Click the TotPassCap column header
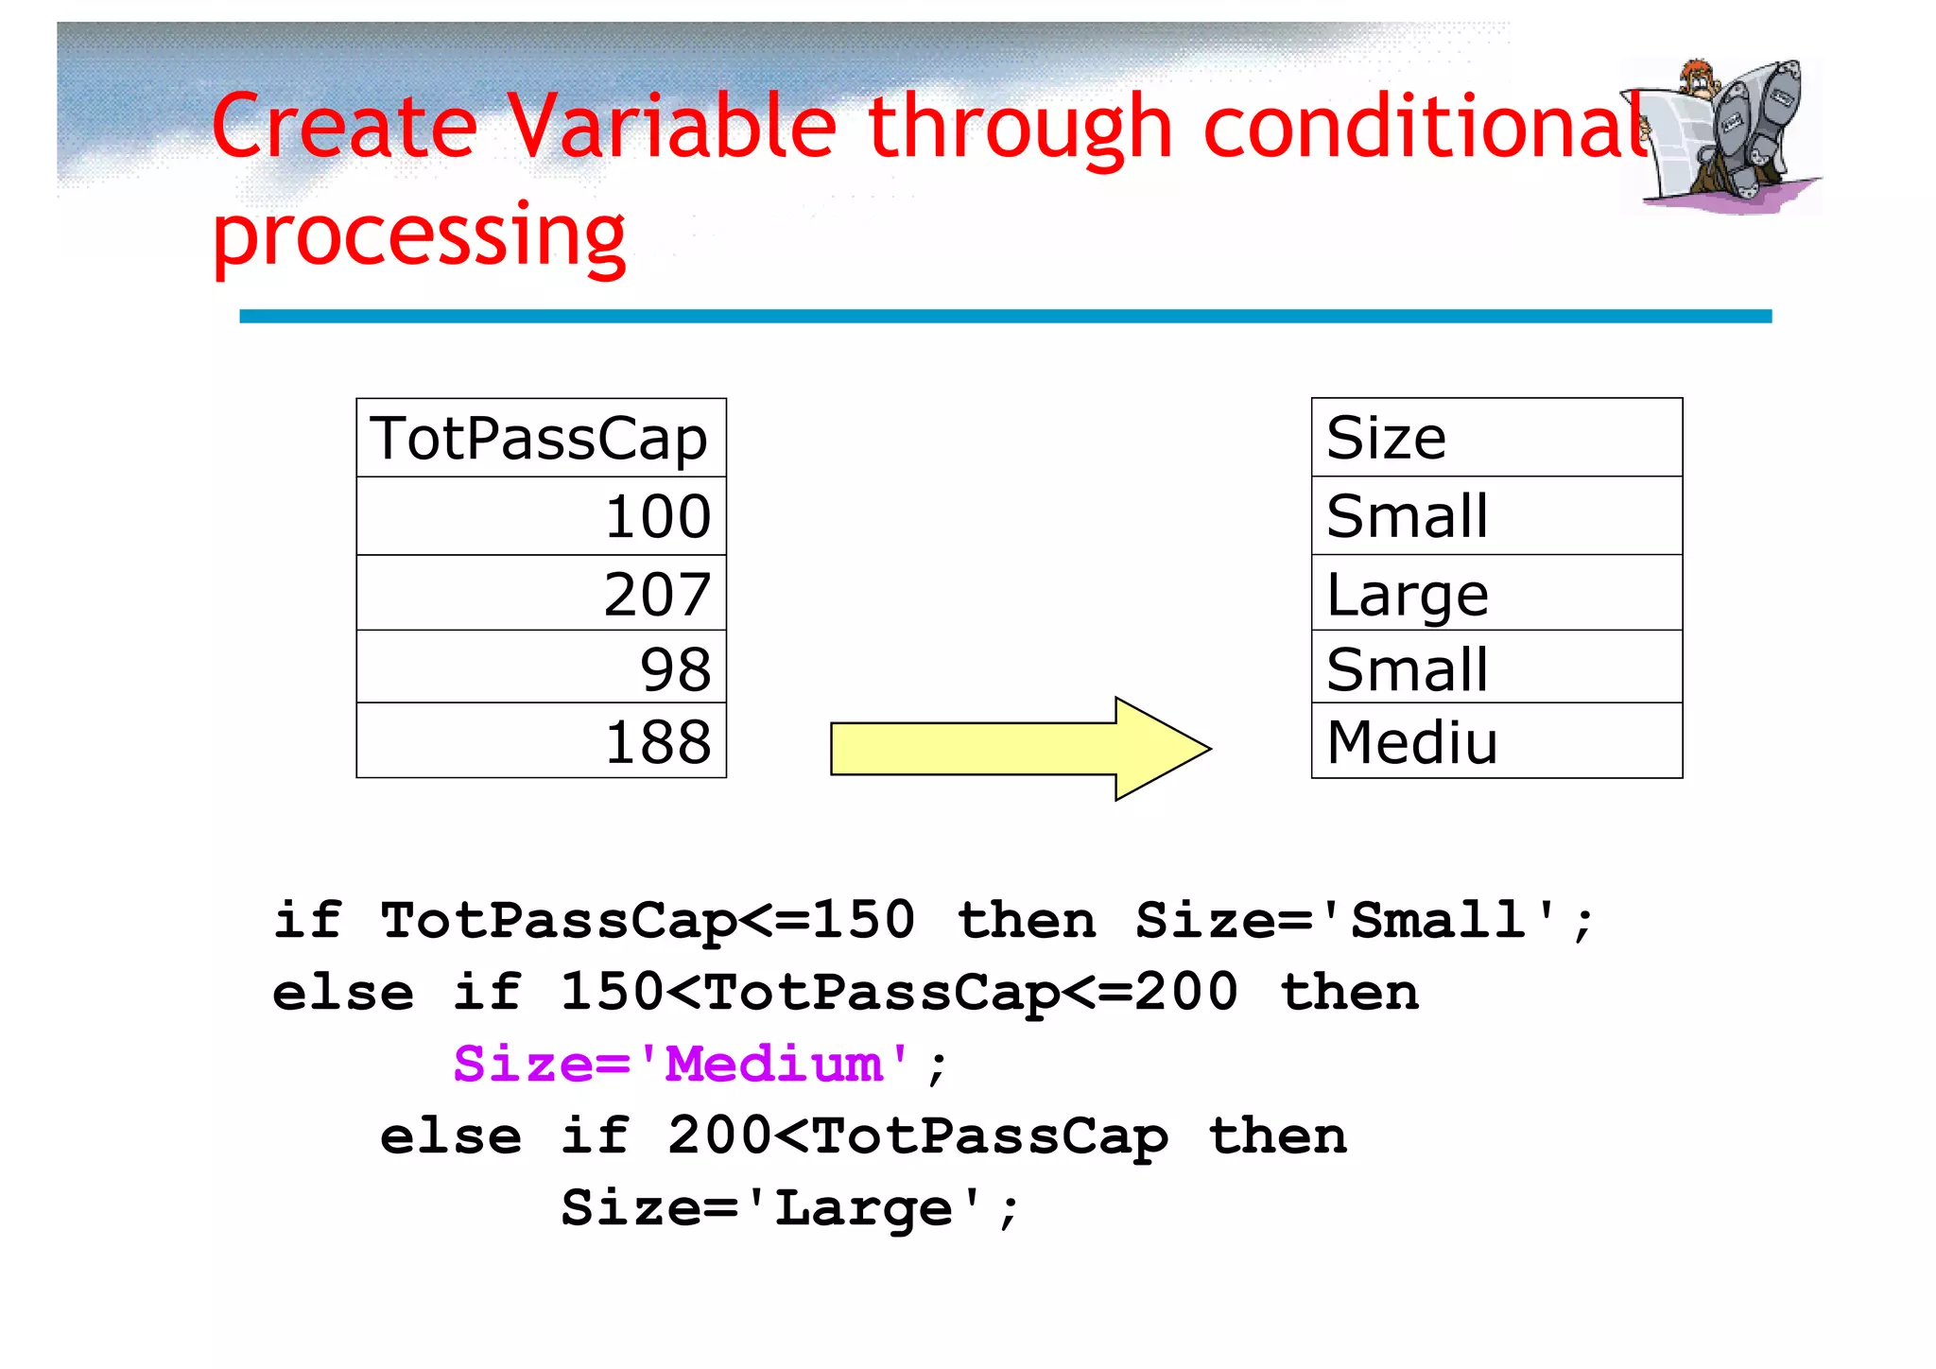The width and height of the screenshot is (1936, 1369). pyautogui.click(x=540, y=439)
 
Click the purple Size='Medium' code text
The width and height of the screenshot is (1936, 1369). pyautogui.click(x=683, y=1065)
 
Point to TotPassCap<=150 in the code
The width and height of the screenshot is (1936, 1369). pyautogui.click(x=648, y=920)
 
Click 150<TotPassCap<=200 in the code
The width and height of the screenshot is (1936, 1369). pyautogui.click(x=898, y=993)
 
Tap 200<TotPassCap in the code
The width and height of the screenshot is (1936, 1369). pyautogui.click(x=917, y=1136)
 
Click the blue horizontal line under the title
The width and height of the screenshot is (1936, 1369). pyautogui.click(x=1005, y=316)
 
